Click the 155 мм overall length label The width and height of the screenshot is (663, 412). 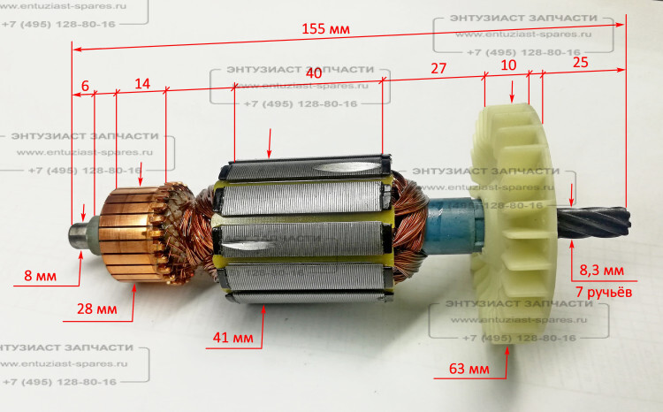[x=325, y=29]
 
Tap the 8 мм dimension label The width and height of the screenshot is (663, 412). [x=40, y=277]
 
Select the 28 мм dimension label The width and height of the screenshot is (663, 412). [x=95, y=310]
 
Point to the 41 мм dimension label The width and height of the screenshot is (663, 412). [x=232, y=338]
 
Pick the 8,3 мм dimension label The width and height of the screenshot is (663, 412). [x=601, y=270]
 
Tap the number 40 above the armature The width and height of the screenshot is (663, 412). [x=313, y=71]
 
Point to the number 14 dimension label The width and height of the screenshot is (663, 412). [x=141, y=83]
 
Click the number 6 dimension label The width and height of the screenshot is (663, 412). [x=85, y=85]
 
